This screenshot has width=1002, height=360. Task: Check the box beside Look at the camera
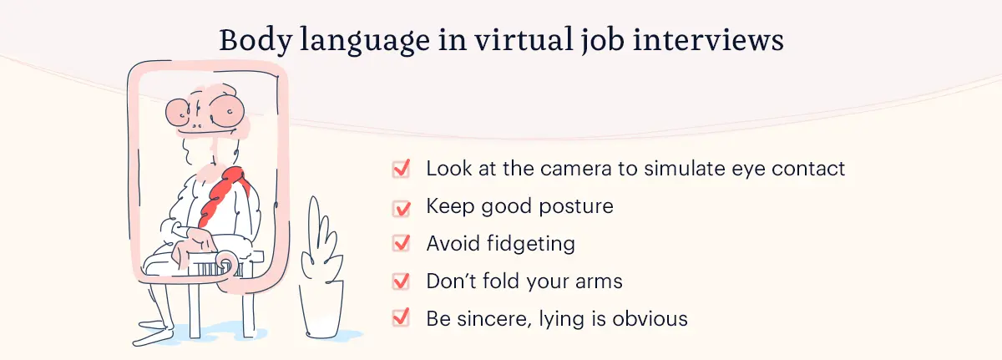pyautogui.click(x=401, y=169)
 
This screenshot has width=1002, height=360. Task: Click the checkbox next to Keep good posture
pyautogui.click(x=401, y=206)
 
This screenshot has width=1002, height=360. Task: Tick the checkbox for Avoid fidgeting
pyautogui.click(x=401, y=244)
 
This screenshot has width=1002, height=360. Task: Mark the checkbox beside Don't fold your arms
pyautogui.click(x=401, y=281)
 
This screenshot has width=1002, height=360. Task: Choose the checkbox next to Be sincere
pyautogui.click(x=401, y=318)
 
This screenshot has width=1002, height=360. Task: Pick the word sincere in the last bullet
pyautogui.click(x=496, y=318)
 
